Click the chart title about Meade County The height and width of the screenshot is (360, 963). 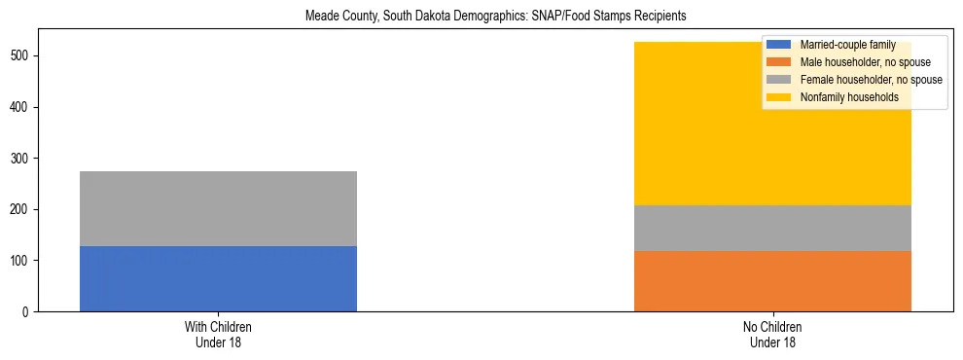(482, 17)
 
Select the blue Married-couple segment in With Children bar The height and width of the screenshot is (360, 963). (218, 278)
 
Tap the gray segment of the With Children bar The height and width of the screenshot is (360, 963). (218, 208)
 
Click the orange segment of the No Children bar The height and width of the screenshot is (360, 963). (772, 281)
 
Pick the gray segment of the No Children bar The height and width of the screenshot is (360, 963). (772, 228)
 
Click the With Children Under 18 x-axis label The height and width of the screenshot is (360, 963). (218, 334)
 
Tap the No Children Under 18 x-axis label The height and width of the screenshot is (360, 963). (772, 334)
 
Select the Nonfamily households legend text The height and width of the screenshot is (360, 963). (842, 97)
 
